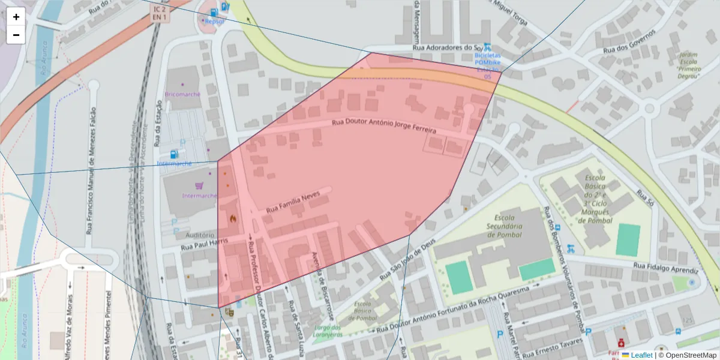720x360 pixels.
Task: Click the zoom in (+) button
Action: (x=16, y=17)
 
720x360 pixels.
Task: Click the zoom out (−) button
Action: (x=16, y=35)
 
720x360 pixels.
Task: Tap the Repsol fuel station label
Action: (x=214, y=21)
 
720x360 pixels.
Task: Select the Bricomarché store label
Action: (x=182, y=95)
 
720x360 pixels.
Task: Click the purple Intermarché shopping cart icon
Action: (x=199, y=186)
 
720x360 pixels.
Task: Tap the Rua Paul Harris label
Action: (x=205, y=242)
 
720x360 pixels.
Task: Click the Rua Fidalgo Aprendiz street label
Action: (x=667, y=268)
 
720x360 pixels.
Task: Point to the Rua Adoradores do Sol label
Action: (x=448, y=47)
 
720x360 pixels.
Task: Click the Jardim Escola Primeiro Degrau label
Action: (x=688, y=65)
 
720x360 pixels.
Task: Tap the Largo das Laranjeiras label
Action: (x=327, y=331)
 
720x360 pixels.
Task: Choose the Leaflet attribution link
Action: (x=641, y=355)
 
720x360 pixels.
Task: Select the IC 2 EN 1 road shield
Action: (x=160, y=13)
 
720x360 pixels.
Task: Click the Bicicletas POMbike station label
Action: (x=487, y=62)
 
